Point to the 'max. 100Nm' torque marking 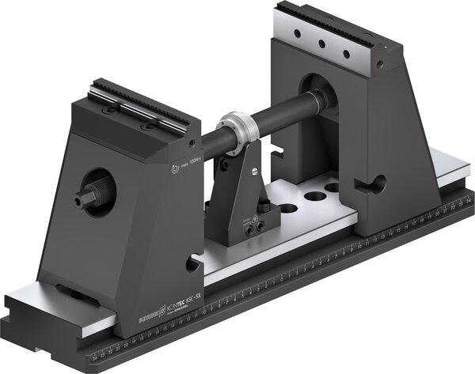(188, 166)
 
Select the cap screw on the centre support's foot (254, 228)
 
